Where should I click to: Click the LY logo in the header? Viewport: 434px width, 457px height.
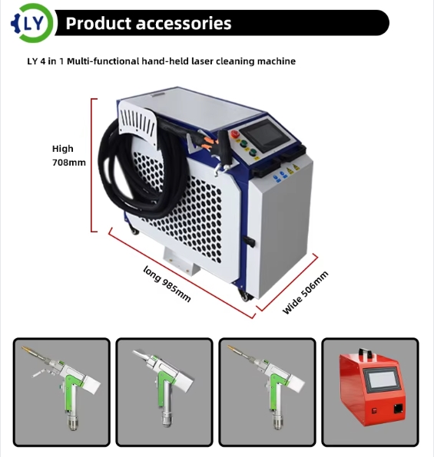pos(32,23)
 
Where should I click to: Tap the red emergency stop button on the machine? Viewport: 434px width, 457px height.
pos(235,133)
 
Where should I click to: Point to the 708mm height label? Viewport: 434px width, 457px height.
pos(69,163)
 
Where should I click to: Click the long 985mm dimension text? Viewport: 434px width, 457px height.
pos(167,284)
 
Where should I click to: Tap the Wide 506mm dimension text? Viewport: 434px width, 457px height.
pos(306,292)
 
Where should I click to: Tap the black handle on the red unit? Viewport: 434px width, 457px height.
pos(366,353)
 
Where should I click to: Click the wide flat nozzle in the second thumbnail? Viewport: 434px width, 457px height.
pos(142,355)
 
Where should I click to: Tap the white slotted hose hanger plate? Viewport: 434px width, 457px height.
pos(137,124)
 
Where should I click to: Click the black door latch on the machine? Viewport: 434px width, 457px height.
pos(249,241)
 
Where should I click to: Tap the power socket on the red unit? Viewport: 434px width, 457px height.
pos(398,409)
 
